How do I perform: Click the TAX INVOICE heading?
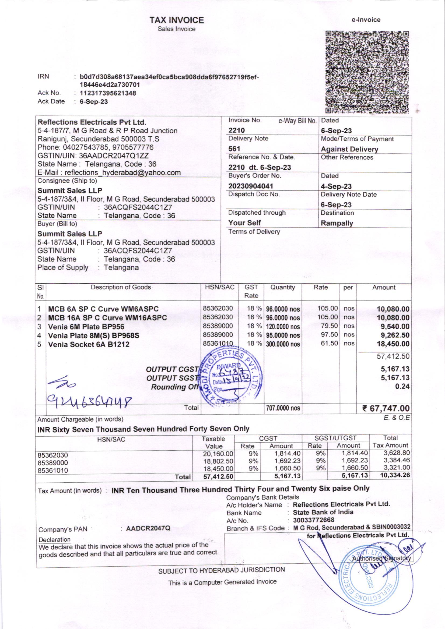click(177, 20)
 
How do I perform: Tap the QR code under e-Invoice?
click(367, 72)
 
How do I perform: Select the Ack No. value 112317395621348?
click(108, 93)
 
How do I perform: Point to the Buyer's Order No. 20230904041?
click(251, 186)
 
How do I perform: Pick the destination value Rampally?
click(337, 223)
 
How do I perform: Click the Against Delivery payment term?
click(349, 149)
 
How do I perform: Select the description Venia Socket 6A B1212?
click(89, 344)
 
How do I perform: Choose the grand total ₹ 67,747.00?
click(386, 408)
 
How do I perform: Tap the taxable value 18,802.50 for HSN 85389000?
click(218, 461)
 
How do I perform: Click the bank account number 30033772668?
click(314, 520)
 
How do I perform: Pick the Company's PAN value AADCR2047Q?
click(148, 528)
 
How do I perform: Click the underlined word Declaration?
click(55, 540)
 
